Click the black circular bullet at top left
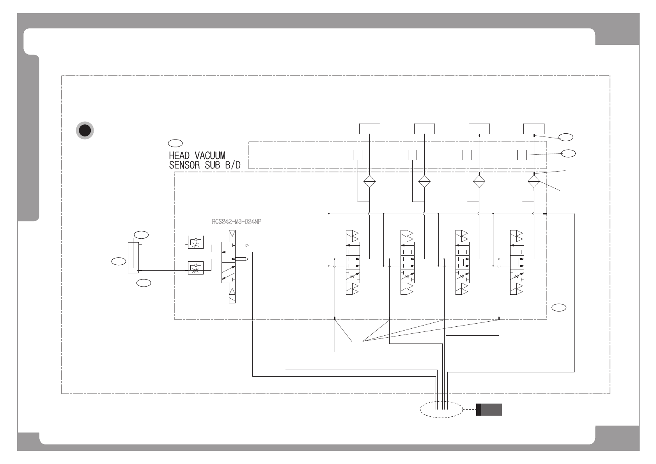tap(85, 131)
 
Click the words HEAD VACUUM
tap(197, 156)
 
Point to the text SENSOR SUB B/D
tap(205, 165)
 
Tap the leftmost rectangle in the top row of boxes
tap(369, 129)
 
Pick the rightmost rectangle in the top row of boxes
tap(534, 129)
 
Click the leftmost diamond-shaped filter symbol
tap(369, 181)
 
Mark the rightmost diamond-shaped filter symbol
tap(534, 181)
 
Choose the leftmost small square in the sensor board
tap(357, 155)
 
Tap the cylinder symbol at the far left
tap(133, 257)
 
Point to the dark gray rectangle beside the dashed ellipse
tap(489, 409)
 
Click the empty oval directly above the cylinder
tap(141, 234)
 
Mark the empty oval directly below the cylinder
tap(144, 283)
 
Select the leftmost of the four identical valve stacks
tap(353, 262)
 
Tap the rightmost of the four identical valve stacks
tap(517, 262)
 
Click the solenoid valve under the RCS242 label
tap(232, 267)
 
